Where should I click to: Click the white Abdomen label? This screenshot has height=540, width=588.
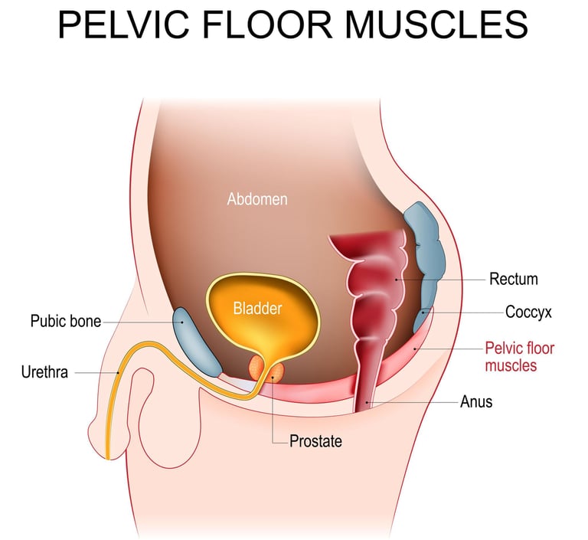click(257, 199)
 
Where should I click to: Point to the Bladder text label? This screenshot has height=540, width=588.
click(258, 309)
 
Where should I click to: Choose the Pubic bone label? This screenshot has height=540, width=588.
click(66, 321)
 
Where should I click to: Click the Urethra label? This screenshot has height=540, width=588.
click(44, 373)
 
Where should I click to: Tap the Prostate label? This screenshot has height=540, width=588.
click(315, 441)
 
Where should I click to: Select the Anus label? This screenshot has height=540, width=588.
click(476, 401)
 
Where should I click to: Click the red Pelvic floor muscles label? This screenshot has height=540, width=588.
click(518, 357)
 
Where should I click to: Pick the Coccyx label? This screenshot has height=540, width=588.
click(529, 312)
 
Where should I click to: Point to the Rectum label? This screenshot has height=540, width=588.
click(514, 279)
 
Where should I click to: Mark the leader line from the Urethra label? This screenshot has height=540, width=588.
click(96, 373)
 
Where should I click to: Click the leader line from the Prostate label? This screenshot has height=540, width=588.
click(273, 414)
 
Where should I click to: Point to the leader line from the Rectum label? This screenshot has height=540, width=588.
click(444, 280)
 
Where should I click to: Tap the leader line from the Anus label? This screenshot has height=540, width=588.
click(413, 401)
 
